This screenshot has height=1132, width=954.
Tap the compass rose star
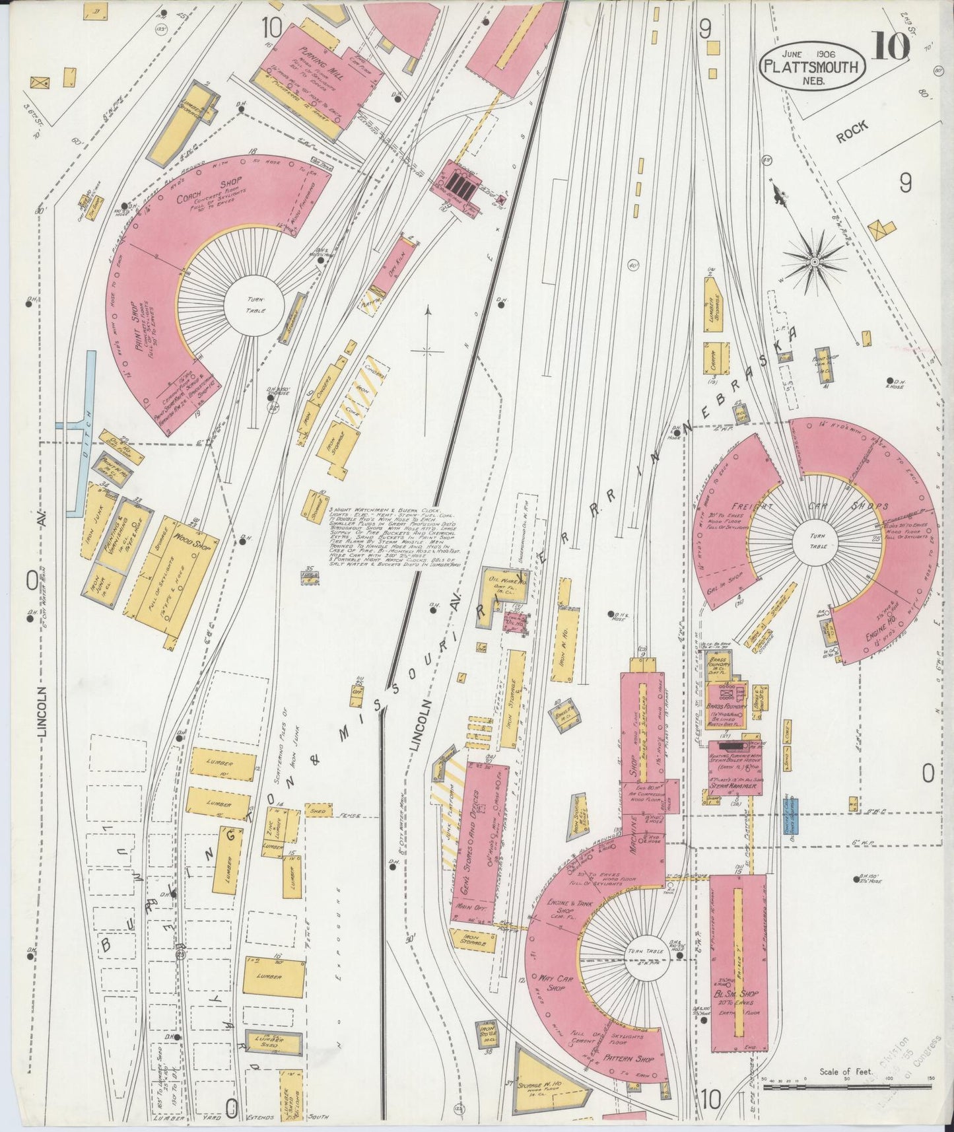pyautogui.click(x=815, y=262)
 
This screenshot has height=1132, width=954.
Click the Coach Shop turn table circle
pyautogui.click(x=254, y=304)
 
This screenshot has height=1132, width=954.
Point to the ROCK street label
pyautogui.click(x=852, y=134)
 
